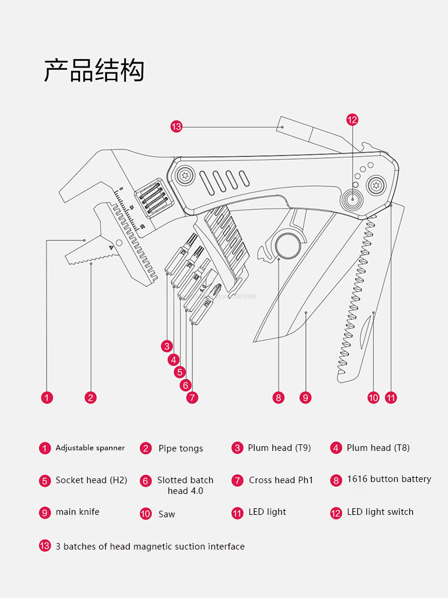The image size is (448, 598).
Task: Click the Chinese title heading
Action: point(94,70)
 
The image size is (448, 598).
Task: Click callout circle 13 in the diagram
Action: point(176,126)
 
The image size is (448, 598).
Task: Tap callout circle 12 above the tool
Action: point(352,120)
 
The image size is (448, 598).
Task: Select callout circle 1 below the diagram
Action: point(47,398)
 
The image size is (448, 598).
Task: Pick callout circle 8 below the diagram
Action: point(278,398)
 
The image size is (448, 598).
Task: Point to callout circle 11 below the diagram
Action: point(391,398)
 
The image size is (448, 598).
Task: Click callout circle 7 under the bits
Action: point(192,398)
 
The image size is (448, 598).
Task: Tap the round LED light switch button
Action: point(352,200)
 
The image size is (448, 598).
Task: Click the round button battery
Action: point(287,245)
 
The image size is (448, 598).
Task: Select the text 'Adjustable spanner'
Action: point(90,448)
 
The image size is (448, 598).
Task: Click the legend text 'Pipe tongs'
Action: point(180,448)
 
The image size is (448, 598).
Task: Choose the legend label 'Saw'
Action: point(167,514)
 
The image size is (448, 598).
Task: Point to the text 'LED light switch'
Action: point(380,512)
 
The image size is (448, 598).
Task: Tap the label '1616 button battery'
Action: point(389,479)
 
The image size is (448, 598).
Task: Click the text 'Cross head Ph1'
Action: point(281,480)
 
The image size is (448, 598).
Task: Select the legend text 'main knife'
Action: point(78,512)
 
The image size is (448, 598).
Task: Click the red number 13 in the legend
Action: point(45,545)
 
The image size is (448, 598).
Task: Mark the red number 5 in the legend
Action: point(45,480)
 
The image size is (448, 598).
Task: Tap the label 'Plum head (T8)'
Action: point(378,448)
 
